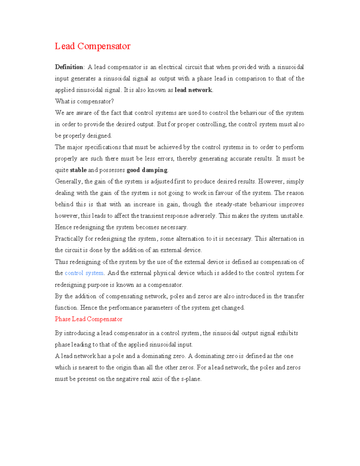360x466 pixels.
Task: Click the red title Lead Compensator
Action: click(x=92, y=46)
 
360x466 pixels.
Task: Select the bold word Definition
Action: click(x=69, y=67)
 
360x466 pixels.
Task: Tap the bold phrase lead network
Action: click(x=193, y=90)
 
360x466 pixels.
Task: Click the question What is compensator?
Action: click(x=84, y=101)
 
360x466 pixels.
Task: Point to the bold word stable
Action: click(x=78, y=170)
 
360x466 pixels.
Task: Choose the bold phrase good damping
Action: click(x=147, y=170)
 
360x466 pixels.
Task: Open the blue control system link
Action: click(x=84, y=273)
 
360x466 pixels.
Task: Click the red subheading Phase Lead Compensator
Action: click(x=88, y=319)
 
